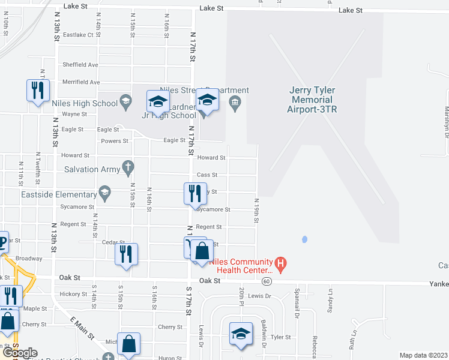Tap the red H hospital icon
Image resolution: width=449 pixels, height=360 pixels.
pyautogui.click(x=280, y=263)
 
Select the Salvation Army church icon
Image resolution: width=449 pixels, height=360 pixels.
pyautogui.click(x=127, y=169)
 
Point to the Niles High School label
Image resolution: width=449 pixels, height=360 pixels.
pyautogui.click(x=89, y=103)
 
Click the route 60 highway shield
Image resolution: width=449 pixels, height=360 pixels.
pyautogui.click(x=267, y=281)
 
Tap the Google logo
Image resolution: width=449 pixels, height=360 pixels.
pyautogui.click(x=19, y=353)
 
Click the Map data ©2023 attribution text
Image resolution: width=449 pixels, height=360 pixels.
pyautogui.click(x=423, y=355)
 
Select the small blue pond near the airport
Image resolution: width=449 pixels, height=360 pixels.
pyautogui.click(x=304, y=239)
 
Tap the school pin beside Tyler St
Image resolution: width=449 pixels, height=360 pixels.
pyautogui.click(x=241, y=334)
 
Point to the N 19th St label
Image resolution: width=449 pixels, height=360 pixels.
pyautogui.click(x=256, y=211)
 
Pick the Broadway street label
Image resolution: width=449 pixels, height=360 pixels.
pyautogui.click(x=29, y=259)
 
